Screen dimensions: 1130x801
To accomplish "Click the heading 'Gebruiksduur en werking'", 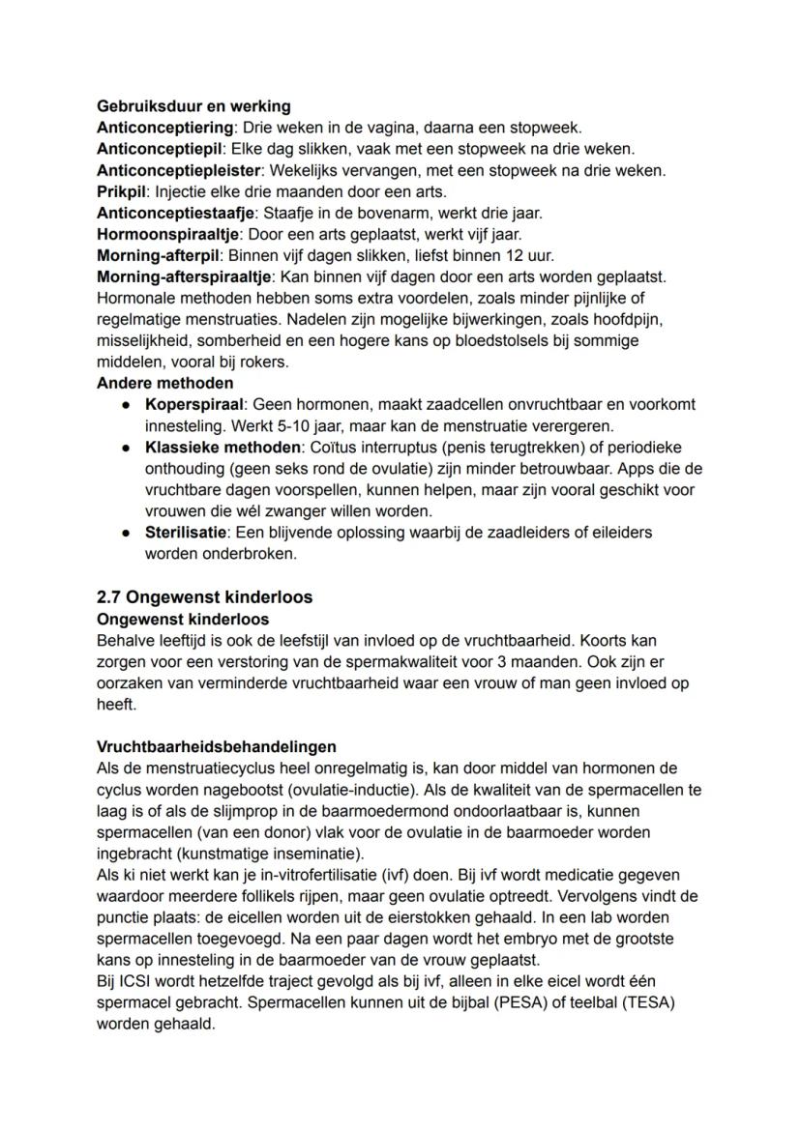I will click(x=193, y=106).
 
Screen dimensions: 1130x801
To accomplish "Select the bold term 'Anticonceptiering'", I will click(x=165, y=128).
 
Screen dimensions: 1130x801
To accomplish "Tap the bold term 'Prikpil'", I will click(x=124, y=191).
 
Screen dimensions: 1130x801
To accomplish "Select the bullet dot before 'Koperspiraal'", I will click(x=126, y=404).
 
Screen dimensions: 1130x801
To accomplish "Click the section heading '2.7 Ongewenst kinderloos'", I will click(x=205, y=597).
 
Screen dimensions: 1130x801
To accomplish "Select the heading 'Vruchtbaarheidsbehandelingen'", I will click(x=217, y=747).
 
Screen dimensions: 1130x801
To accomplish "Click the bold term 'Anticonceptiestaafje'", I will click(x=176, y=213).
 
